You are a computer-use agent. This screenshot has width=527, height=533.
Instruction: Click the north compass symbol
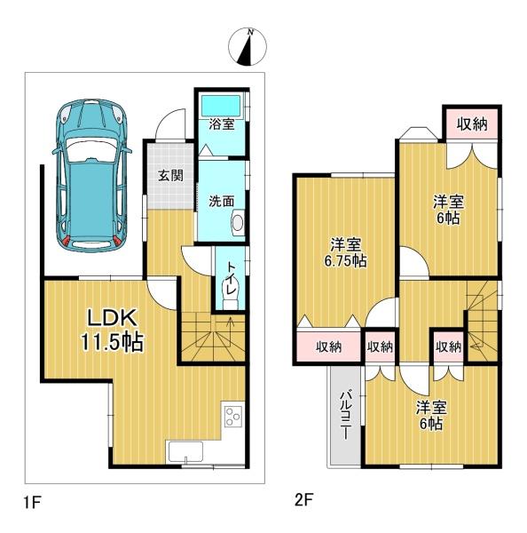tap(247, 47)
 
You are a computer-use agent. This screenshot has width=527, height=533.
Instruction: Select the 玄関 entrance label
tap(170, 175)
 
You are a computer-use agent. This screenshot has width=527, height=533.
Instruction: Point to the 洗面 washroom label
tap(220, 201)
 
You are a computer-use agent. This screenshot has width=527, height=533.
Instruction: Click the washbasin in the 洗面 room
tap(237, 222)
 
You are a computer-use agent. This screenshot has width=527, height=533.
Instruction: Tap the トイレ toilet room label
tap(230, 275)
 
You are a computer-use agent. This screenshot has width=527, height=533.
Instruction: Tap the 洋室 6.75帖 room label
tap(345, 252)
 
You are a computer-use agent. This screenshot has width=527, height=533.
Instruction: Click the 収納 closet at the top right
tap(471, 124)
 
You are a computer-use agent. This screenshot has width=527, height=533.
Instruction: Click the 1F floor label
tap(32, 503)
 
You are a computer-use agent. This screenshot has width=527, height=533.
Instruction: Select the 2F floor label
tap(303, 503)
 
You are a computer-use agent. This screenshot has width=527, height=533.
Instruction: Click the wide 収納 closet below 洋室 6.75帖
tap(327, 346)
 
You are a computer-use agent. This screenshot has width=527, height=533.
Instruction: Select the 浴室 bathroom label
tap(221, 125)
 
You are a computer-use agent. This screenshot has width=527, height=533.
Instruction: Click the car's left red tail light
tap(66, 240)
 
